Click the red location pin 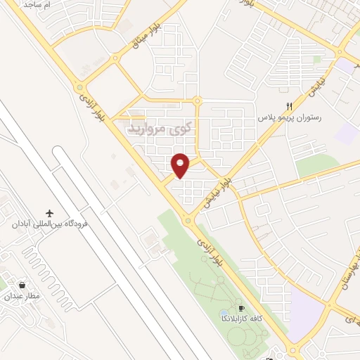tap(181, 165)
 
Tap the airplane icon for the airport tap(49, 213)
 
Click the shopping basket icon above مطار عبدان tap(24, 285)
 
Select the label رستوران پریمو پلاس tap(288, 117)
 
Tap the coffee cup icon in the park tap(241, 308)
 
